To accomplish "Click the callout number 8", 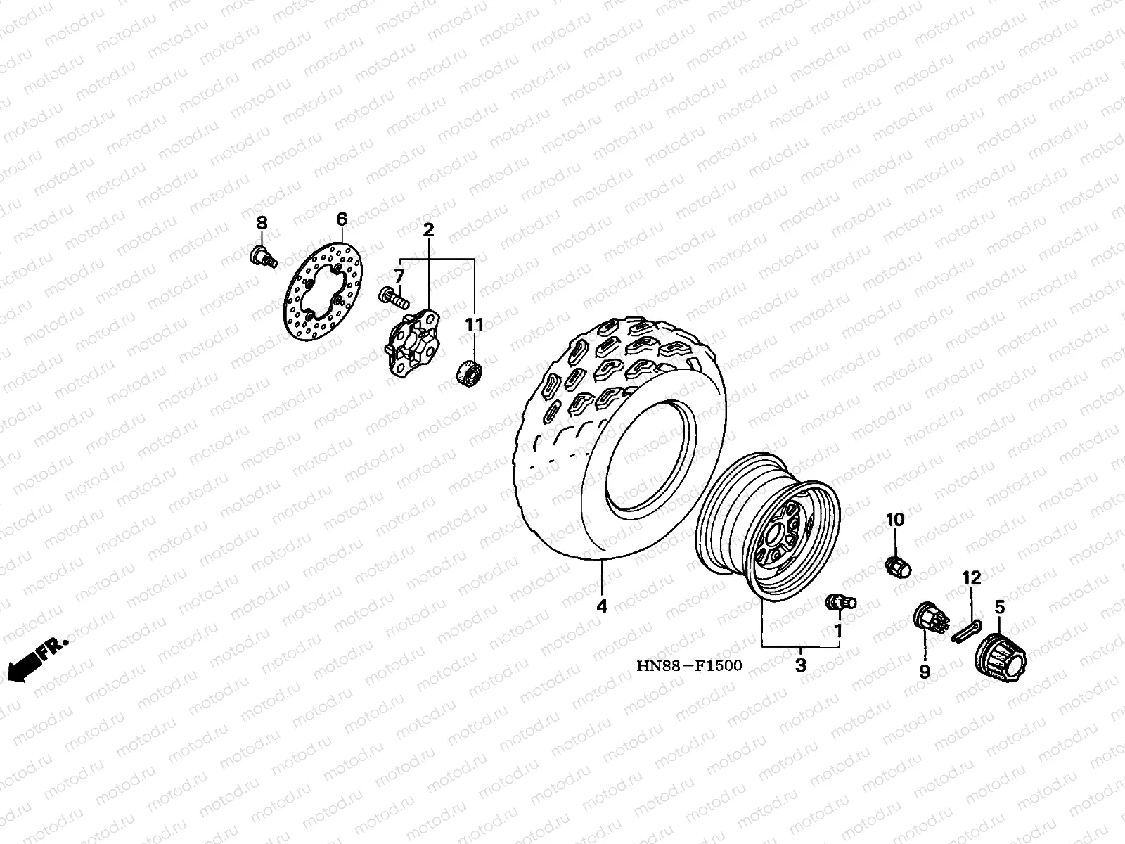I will coord(262,224).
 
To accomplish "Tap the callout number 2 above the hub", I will coord(428,230).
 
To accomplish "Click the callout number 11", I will coord(475,325).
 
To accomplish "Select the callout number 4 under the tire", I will coord(602,606).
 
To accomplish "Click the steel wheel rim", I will coord(771,527).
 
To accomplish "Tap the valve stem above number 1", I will coord(838,602).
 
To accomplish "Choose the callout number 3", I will coord(801,665).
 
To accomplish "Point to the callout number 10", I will coord(895,520).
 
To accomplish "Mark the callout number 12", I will coord(971,578).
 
